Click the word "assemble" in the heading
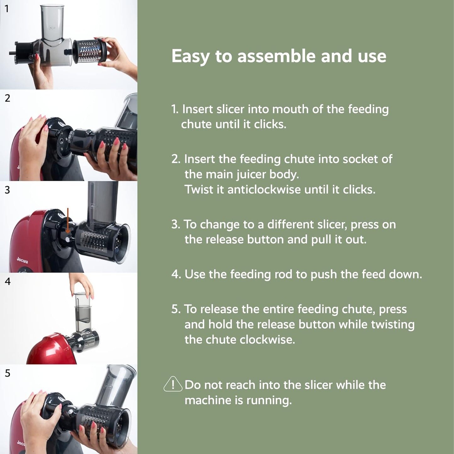[x=276, y=56]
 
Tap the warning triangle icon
[x=173, y=384]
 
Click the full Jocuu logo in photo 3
[x=22, y=260]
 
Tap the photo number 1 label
[x=7, y=9]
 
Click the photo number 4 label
[x=8, y=281]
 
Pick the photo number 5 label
[x=8, y=373]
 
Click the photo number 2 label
[x=8, y=98]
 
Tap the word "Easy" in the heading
[x=191, y=57]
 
